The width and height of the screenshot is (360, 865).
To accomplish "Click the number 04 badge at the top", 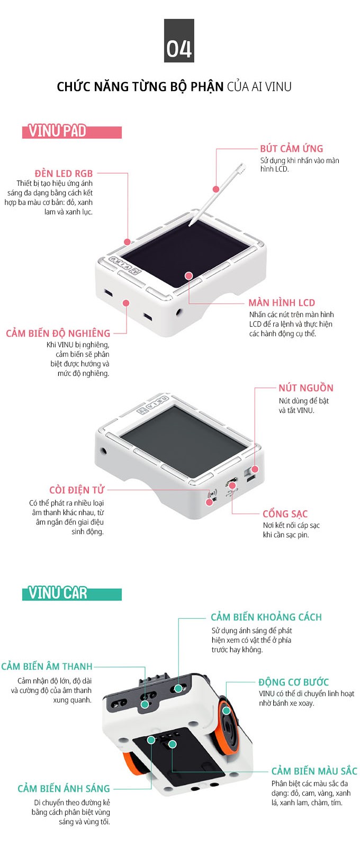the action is (179, 41).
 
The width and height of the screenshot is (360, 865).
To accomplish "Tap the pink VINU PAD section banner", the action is (72, 131).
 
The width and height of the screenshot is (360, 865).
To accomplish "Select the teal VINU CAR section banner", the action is (72, 593).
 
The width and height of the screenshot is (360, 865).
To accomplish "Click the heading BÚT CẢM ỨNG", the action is (291, 148).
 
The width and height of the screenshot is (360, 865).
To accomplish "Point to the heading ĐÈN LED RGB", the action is (64, 174).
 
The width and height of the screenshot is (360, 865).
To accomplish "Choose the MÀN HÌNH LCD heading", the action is (282, 302).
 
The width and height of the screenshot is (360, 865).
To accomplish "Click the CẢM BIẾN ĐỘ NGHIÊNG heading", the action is (58, 333).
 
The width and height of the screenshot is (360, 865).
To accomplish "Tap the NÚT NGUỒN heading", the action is (306, 388).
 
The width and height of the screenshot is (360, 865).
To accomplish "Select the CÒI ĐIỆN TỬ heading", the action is (77, 490).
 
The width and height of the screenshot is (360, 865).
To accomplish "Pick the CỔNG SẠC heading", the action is (285, 513).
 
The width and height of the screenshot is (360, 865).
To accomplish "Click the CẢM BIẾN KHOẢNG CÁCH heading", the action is (266, 617).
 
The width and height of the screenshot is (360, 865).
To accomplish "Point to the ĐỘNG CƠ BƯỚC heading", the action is (294, 682).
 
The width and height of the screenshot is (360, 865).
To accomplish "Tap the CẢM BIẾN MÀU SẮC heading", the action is (314, 771).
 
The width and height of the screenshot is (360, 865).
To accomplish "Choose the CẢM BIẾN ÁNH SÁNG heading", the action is (64, 788).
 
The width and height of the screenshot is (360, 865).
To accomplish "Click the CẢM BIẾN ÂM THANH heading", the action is (47, 666).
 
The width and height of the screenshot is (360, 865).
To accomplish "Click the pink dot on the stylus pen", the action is (217, 189).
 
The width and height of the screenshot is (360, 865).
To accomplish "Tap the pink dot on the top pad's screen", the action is (188, 275).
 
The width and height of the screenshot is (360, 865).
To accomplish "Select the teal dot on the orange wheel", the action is (227, 710).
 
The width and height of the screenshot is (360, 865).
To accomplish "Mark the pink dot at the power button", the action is (255, 469).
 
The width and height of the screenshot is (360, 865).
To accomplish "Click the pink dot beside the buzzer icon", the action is (209, 502).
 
